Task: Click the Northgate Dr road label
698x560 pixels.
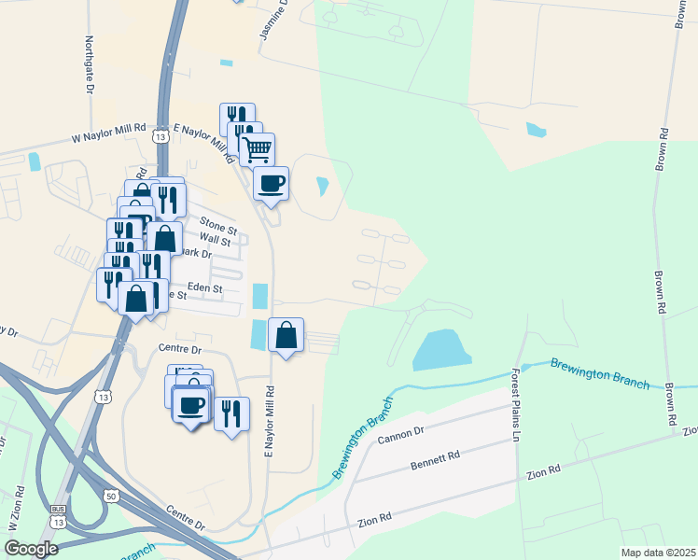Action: click(91, 66)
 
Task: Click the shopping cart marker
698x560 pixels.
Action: click(257, 147)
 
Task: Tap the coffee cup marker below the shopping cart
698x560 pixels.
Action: click(271, 182)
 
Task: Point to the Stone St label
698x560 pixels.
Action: click(219, 224)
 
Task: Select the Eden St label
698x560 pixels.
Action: click(205, 288)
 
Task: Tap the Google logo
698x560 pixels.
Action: click(31, 549)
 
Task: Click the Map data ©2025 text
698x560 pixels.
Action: click(657, 553)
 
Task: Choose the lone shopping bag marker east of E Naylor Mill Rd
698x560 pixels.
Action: click(286, 335)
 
